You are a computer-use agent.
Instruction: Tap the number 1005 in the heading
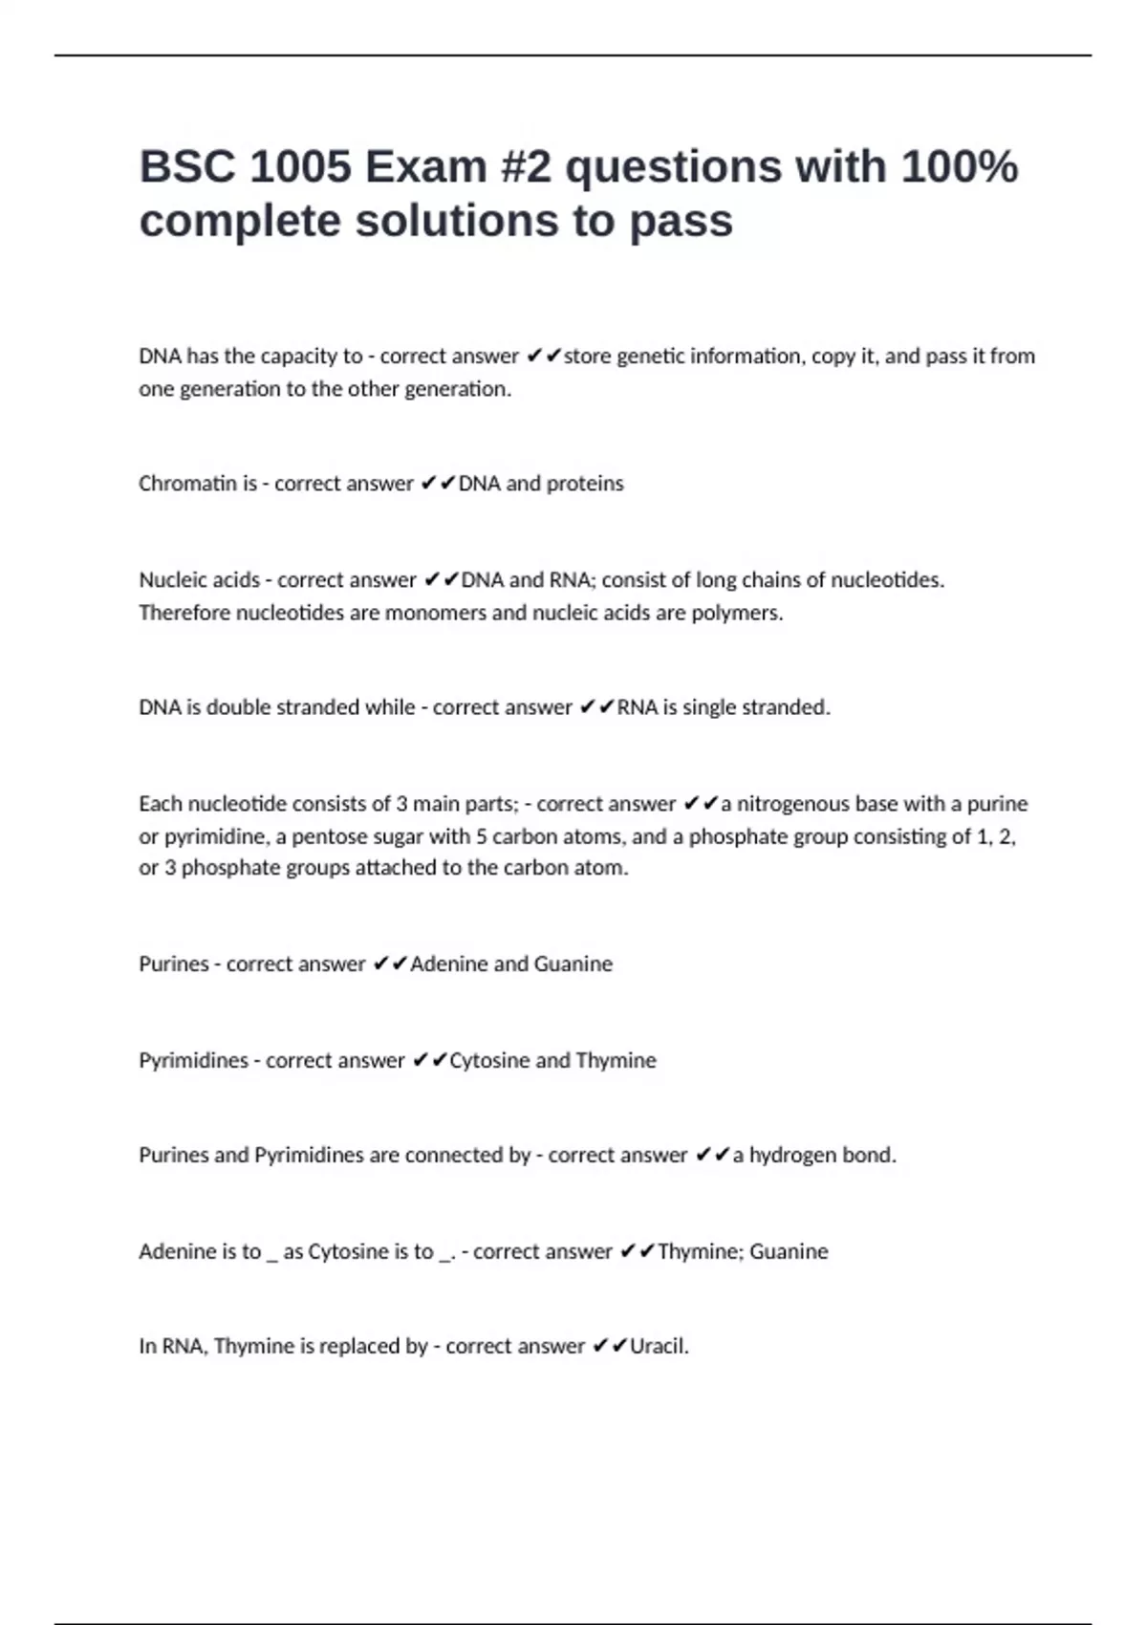click(x=300, y=167)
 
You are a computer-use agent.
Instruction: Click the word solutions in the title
click(x=464, y=222)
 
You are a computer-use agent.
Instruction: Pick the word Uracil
click(x=659, y=1347)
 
